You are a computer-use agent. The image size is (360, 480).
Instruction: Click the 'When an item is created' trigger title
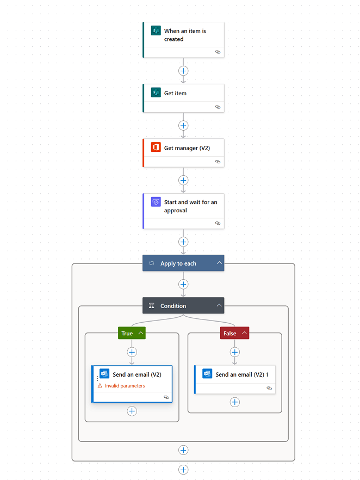[185, 35]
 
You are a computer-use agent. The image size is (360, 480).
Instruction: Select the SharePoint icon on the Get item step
[156, 93]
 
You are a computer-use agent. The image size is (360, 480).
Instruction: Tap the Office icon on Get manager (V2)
[156, 147]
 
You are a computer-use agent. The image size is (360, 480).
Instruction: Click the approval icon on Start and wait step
[156, 202]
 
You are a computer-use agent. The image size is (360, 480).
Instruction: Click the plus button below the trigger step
[183, 71]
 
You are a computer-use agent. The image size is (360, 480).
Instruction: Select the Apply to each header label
[178, 263]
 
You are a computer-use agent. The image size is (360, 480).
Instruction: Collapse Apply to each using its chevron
[219, 263]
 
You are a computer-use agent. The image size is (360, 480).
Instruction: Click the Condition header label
[173, 306]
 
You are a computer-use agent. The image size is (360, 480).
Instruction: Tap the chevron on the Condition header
[219, 306]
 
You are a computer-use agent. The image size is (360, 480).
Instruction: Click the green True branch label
[127, 333]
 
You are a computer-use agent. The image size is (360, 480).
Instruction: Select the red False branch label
[229, 333]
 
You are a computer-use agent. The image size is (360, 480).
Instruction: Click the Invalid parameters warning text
[125, 386]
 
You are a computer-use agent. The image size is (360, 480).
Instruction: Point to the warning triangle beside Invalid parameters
[100, 386]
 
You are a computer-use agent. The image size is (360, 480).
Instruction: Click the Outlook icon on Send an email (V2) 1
[207, 374]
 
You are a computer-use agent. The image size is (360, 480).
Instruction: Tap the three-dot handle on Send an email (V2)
[97, 378]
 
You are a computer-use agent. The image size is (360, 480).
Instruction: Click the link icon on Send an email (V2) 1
[269, 388]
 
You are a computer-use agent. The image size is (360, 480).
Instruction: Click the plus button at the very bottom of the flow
[183, 470]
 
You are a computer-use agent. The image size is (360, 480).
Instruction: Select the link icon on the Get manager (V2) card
[218, 162]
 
